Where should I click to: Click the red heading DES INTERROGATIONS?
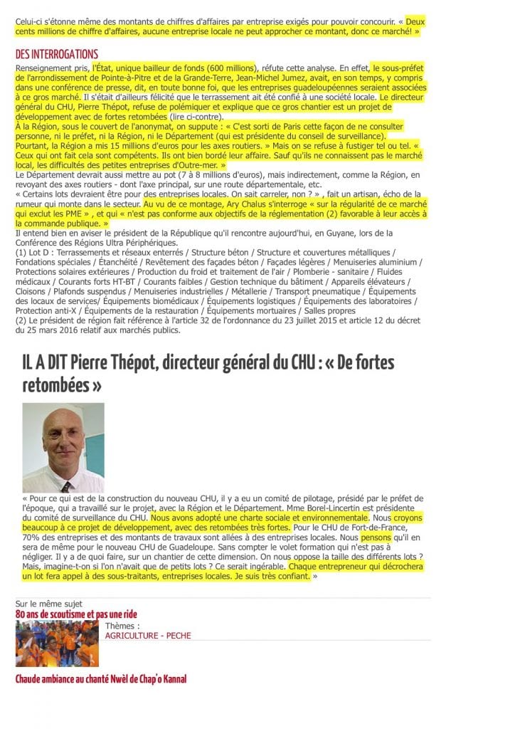point(57,55)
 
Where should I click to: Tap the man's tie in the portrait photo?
point(66,486)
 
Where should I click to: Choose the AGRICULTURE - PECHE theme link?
point(148,635)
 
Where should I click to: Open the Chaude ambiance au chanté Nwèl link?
point(101,679)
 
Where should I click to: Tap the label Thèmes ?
point(122,625)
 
